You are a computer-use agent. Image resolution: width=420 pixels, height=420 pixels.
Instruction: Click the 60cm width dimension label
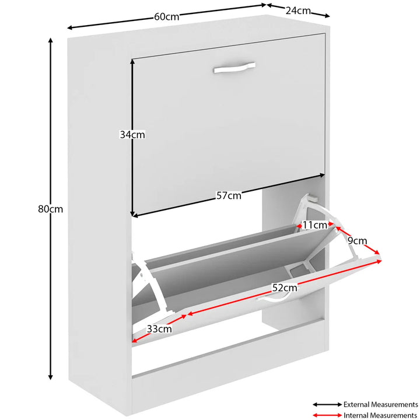[x=166, y=17]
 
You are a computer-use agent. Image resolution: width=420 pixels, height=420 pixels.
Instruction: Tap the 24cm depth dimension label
[x=298, y=10]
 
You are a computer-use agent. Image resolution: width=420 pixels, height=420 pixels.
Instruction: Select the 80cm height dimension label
[x=50, y=209]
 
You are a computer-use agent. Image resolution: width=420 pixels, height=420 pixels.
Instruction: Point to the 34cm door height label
[x=132, y=135]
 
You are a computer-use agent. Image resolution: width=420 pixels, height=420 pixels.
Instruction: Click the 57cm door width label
[x=229, y=195]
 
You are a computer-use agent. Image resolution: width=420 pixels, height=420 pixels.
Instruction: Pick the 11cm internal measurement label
[x=315, y=225]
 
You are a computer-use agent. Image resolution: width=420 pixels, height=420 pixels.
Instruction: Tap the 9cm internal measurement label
[x=357, y=241]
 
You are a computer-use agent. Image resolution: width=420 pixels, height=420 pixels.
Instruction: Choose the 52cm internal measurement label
[x=285, y=288]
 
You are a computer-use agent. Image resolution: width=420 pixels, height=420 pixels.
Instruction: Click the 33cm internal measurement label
[x=159, y=328]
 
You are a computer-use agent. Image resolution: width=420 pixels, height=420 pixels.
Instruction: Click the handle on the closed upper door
[x=234, y=68]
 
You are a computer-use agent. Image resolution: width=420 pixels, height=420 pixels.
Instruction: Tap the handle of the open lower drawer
[x=272, y=297]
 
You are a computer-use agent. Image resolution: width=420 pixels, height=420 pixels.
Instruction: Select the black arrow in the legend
[x=327, y=404]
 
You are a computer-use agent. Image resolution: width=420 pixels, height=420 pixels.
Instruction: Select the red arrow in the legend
[x=327, y=415]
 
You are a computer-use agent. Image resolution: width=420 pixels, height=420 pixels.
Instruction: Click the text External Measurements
[x=380, y=404]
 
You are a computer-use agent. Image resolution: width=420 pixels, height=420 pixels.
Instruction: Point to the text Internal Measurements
[x=380, y=415]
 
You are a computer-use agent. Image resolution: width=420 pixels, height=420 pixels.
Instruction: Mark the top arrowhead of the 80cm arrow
[x=50, y=40]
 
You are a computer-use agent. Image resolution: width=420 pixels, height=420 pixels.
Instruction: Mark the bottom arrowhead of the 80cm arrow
[x=50, y=377]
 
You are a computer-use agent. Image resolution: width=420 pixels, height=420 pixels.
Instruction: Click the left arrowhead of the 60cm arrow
[x=69, y=27]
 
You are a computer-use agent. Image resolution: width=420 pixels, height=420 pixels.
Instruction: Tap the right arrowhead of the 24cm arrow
[x=327, y=16]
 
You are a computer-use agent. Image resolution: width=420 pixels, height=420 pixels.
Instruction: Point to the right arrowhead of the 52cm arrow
[x=379, y=261]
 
